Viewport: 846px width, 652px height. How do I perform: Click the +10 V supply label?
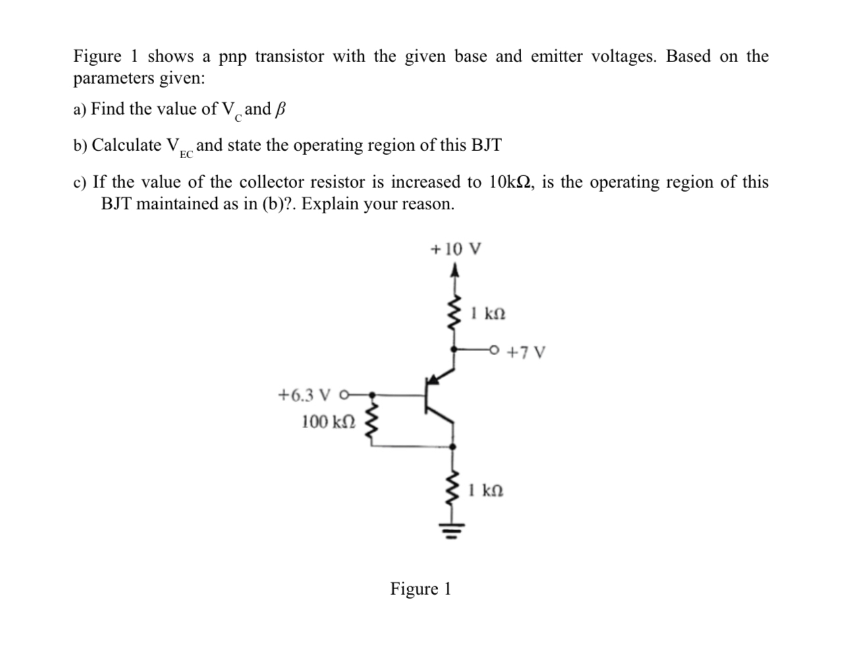[x=455, y=250]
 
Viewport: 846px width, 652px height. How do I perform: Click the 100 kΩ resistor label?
[x=328, y=421]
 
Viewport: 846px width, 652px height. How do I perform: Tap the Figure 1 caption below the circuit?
[x=420, y=588]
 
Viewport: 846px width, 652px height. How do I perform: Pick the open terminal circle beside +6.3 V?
[x=343, y=395]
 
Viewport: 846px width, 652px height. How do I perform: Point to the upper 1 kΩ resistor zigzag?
[x=453, y=315]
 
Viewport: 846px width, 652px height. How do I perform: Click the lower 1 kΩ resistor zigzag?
[x=453, y=491]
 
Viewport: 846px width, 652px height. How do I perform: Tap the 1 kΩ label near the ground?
[x=487, y=491]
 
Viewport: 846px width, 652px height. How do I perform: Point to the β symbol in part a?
[x=280, y=109]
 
